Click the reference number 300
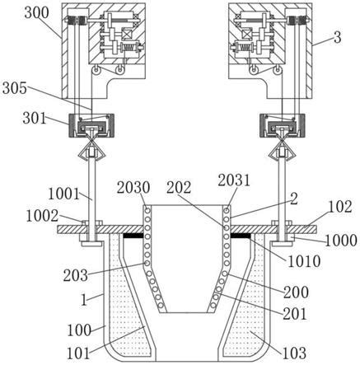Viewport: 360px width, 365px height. click(x=36, y=13)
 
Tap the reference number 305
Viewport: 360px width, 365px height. click(x=15, y=88)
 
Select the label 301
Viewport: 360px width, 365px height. click(x=35, y=119)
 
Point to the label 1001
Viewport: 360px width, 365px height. click(x=64, y=194)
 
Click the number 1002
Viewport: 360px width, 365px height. click(x=42, y=216)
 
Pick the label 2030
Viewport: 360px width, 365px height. click(x=133, y=188)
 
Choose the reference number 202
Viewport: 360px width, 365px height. click(x=179, y=188)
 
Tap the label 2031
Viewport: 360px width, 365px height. click(x=234, y=180)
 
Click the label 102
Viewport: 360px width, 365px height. click(x=340, y=207)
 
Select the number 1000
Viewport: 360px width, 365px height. click(x=341, y=241)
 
